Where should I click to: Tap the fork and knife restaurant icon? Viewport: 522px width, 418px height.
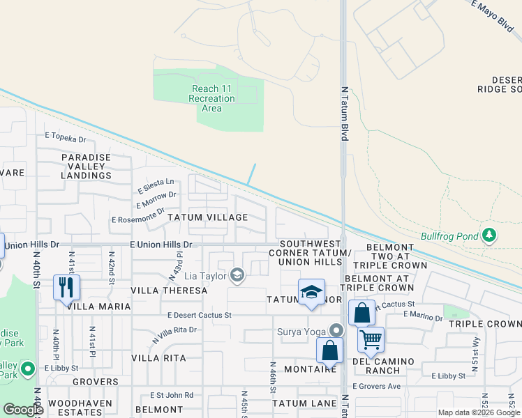[67, 287]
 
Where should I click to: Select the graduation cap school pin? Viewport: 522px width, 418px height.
[311, 291]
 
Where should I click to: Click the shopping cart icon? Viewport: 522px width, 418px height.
[371, 340]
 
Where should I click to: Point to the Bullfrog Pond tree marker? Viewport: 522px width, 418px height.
[491, 236]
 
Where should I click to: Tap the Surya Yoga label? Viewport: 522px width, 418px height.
[302, 331]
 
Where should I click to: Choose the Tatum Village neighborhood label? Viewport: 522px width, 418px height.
[207, 217]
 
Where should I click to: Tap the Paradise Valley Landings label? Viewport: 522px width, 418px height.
[86, 167]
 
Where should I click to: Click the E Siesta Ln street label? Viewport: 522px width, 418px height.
[154, 185]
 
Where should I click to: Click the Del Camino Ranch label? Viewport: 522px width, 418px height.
[386, 366]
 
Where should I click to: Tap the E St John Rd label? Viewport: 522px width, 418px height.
[170, 395]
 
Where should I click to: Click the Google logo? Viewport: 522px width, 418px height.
[23, 410]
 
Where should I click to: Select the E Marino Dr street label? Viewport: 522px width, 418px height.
[422, 318]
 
